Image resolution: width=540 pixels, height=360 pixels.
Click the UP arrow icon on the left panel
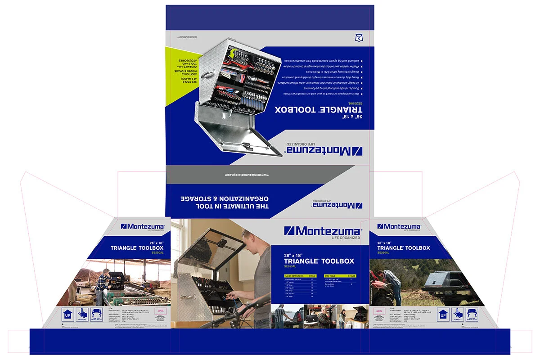coord(68,315)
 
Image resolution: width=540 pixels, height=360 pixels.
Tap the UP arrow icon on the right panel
coord(443,315)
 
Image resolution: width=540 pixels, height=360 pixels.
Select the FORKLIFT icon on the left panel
coord(82,314)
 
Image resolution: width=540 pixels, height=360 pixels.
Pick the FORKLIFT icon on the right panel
coord(458,314)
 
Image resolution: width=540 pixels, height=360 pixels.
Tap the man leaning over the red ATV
coord(391,282)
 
